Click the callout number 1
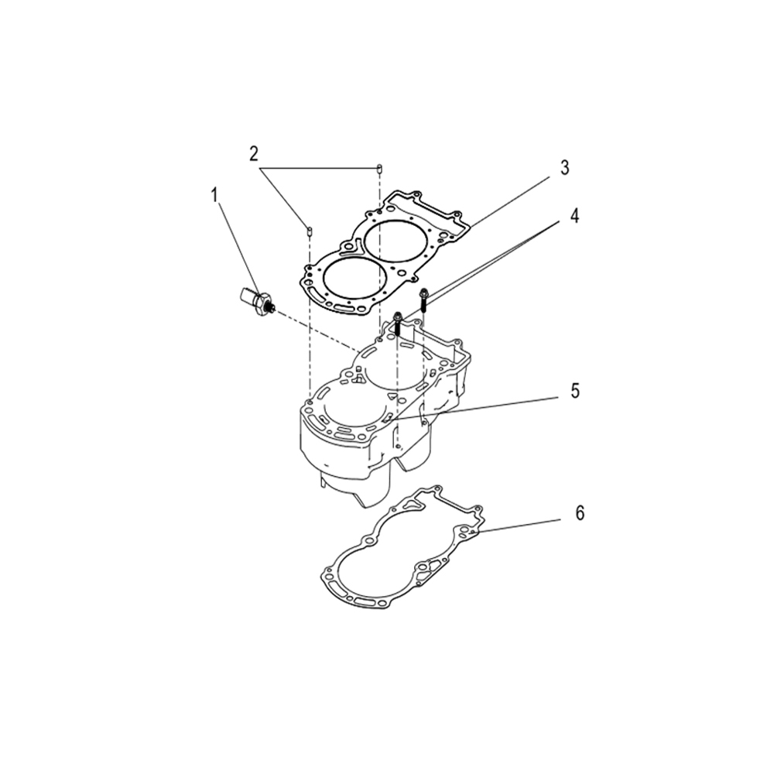tap(214, 197)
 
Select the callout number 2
tap(253, 153)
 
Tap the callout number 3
tap(564, 167)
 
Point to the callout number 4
tap(574, 216)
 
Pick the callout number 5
tap(574, 390)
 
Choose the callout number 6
tap(580, 513)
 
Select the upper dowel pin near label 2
tap(379, 168)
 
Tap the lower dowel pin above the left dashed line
tap(309, 230)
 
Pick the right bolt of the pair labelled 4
tap(423, 300)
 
